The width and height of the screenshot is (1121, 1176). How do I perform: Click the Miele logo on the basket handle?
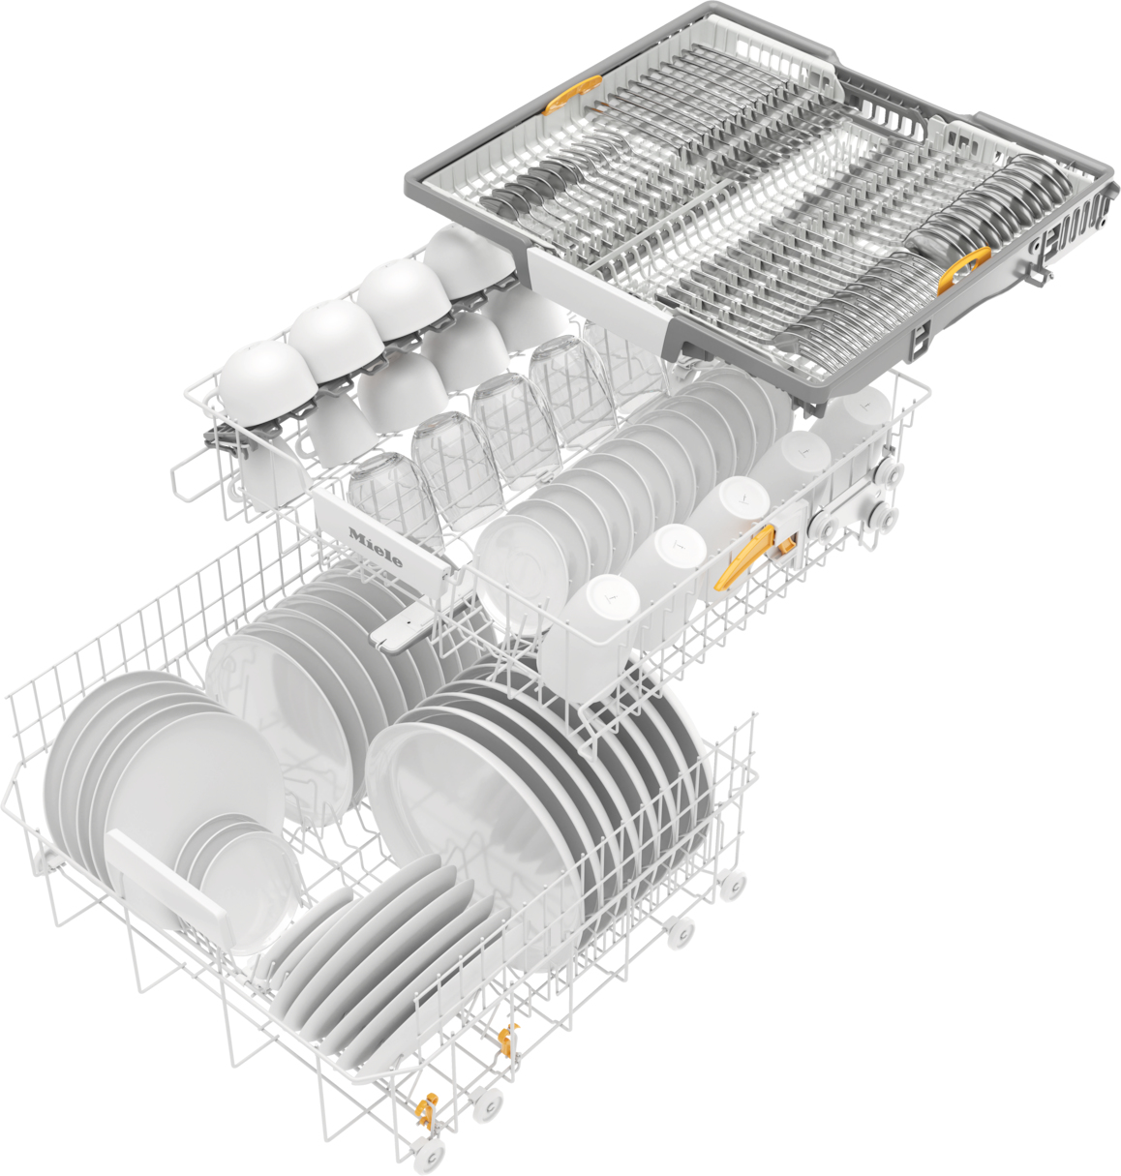pos(376,549)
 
